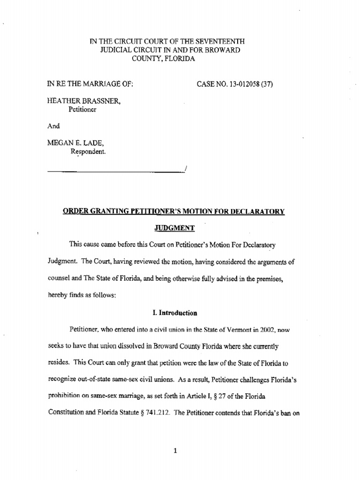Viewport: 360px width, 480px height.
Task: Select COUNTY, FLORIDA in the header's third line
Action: click(x=164, y=59)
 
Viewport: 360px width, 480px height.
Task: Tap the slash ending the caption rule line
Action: click(x=186, y=170)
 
